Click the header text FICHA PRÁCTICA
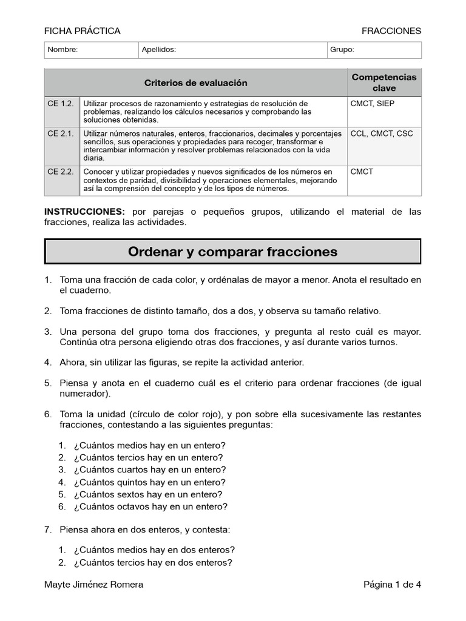pyautogui.click(x=83, y=31)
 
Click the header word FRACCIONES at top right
pyautogui.click(x=391, y=31)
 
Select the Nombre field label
pyautogui.click(x=62, y=50)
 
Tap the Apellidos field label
pyautogui.click(x=158, y=50)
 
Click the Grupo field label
pyautogui.click(x=342, y=50)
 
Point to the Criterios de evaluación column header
pyautogui.click(x=195, y=83)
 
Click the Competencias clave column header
pyautogui.click(x=384, y=82)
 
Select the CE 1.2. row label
pyautogui.click(x=61, y=104)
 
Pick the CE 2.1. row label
pyautogui.click(x=61, y=133)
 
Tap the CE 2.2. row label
pyautogui.click(x=61, y=172)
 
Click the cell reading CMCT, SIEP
pyautogui.click(x=372, y=104)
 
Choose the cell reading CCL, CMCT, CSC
pyautogui.click(x=381, y=133)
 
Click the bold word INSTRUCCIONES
pyautogui.click(x=84, y=212)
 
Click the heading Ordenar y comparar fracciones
pyautogui.click(x=232, y=252)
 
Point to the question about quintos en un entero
pyautogui.click(x=149, y=482)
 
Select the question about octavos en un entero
pyautogui.click(x=150, y=506)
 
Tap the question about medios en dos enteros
pyautogui.click(x=154, y=550)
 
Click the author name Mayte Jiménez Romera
pyautogui.click(x=94, y=585)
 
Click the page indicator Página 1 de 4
pyautogui.click(x=392, y=585)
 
